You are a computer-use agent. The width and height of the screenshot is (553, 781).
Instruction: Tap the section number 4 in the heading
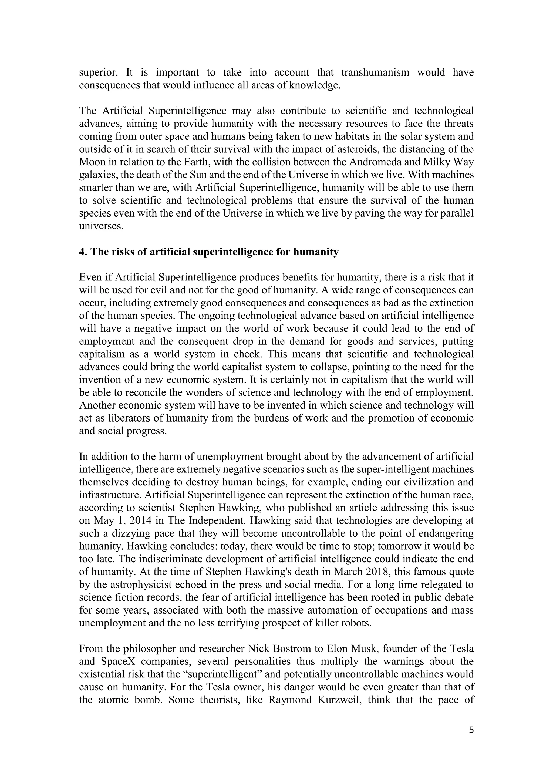pyautogui.click(x=82, y=252)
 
